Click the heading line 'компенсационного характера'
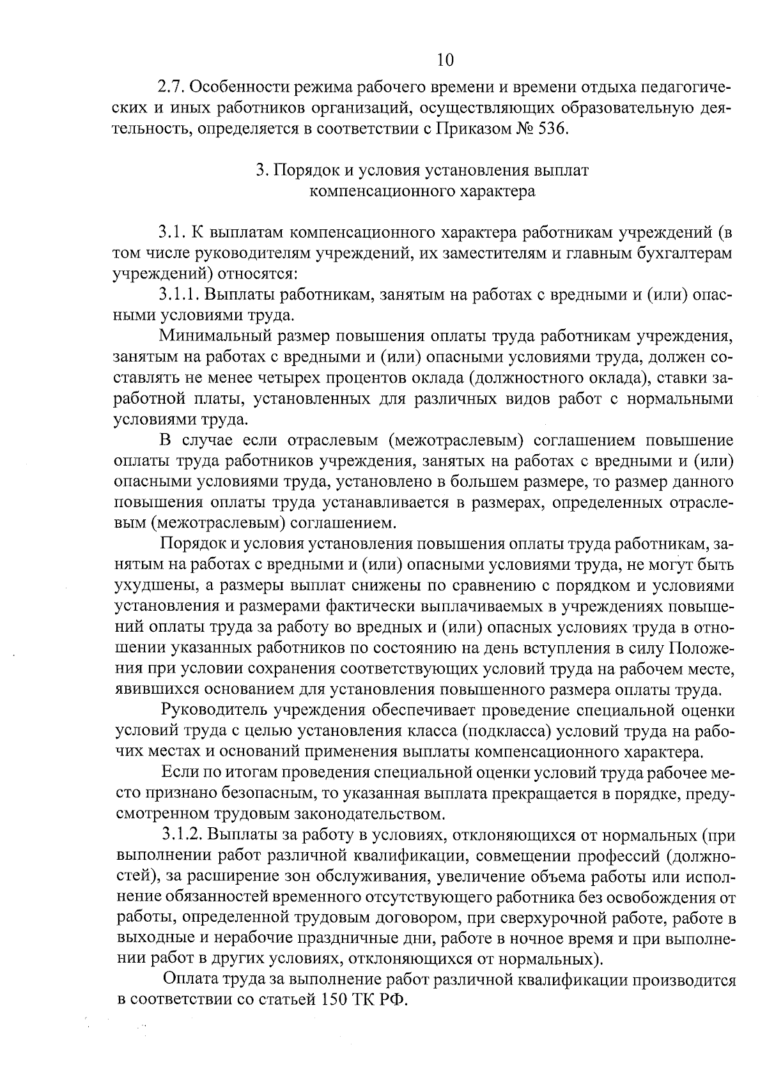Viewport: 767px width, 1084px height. (x=422, y=191)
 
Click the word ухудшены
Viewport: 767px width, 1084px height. (x=146, y=585)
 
